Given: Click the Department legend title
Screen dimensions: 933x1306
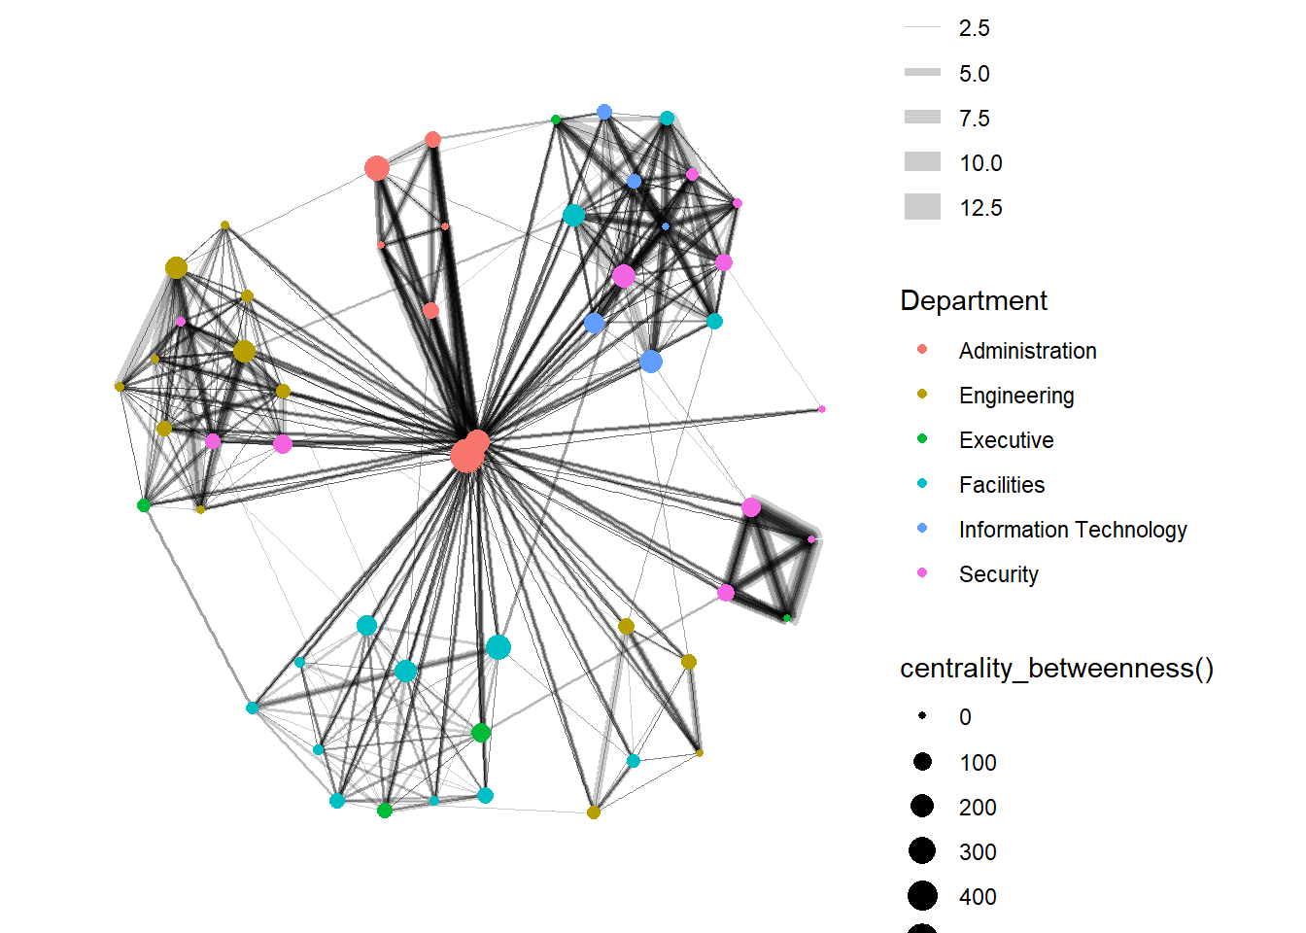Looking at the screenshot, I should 974,300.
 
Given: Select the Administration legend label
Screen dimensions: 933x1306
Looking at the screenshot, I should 1027,351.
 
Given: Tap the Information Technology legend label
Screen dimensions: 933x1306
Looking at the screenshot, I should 1073,530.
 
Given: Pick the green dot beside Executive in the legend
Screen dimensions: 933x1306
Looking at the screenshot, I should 922,439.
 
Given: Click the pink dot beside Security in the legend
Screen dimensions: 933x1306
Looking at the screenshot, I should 922,573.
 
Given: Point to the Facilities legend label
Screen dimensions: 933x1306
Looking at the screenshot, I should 1002,485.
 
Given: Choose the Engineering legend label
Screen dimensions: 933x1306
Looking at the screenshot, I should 1016,396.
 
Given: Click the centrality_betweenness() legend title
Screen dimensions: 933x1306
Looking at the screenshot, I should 1056,669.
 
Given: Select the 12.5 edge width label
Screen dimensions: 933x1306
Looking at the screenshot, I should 980,208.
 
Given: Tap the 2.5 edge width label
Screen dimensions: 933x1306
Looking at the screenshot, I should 974,28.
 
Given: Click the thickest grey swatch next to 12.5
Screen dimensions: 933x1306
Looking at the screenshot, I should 922,207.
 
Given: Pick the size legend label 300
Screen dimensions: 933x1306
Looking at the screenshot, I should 978,852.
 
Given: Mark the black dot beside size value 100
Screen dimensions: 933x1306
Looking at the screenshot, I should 922,762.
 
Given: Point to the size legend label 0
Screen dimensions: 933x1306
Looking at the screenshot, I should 965,717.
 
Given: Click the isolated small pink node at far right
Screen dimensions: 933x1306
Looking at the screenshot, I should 822,409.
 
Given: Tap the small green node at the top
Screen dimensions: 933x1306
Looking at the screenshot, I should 556,120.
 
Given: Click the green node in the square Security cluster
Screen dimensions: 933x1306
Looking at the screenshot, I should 787,618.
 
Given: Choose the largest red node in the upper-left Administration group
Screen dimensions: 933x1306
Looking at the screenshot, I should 377,168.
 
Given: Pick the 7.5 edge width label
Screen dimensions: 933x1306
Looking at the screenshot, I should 974,119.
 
